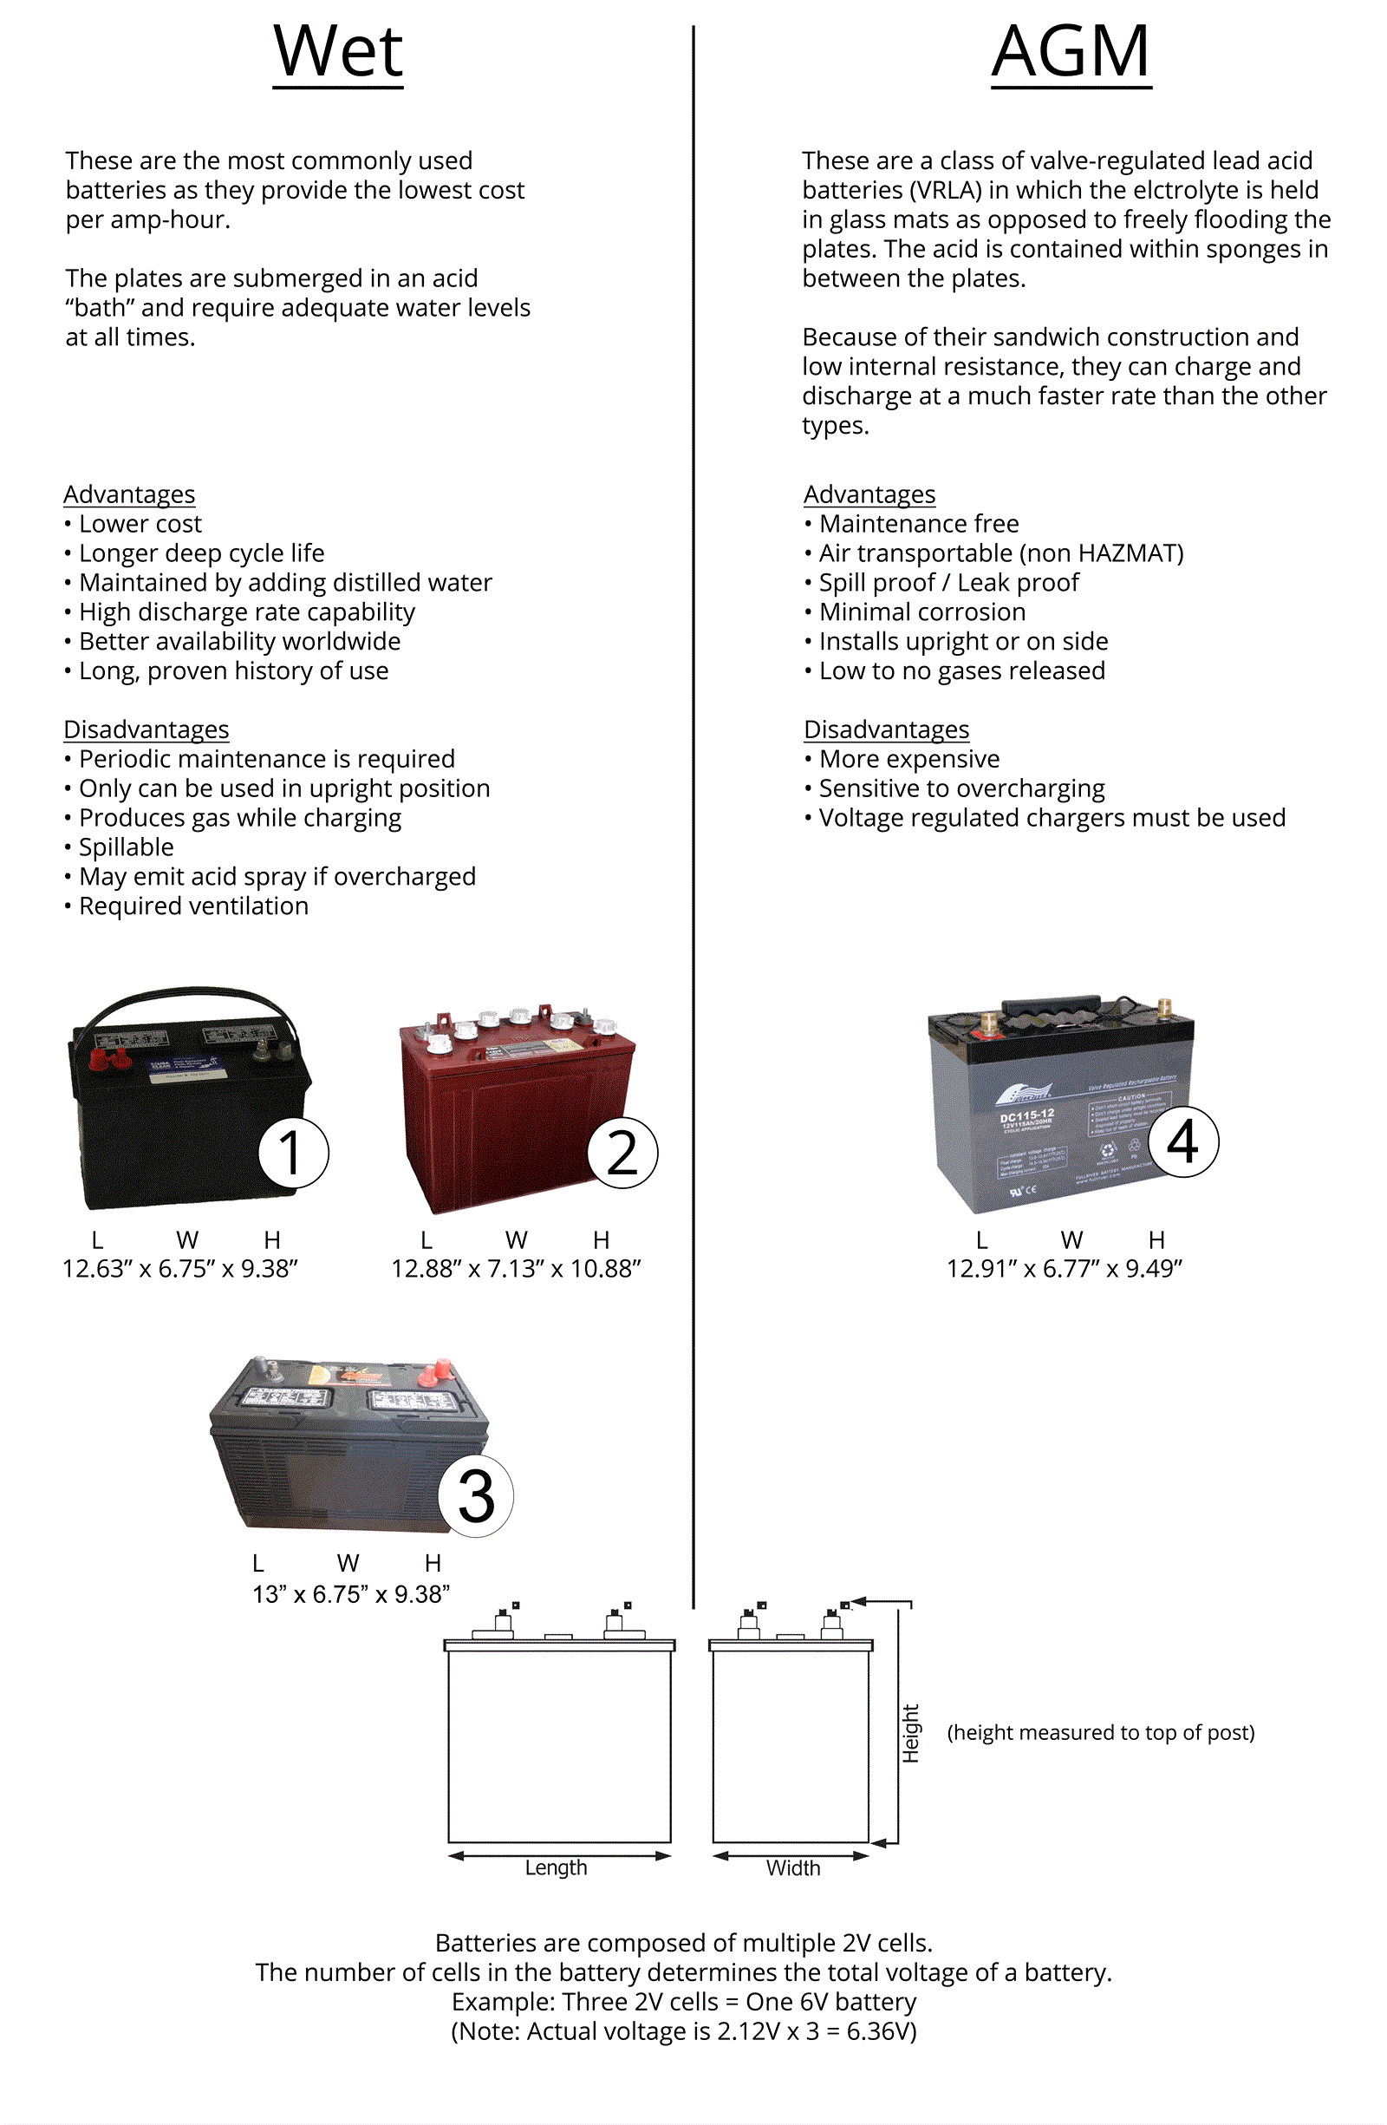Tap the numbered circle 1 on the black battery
pyautogui.click(x=293, y=1153)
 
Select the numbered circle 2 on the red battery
pyautogui.click(x=622, y=1153)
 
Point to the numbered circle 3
pyautogui.click(x=476, y=1496)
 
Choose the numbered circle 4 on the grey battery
pyautogui.click(x=1182, y=1142)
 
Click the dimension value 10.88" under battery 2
pyautogui.click(x=605, y=1269)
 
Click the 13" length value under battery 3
pyautogui.click(x=267, y=1594)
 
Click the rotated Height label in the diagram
pyautogui.click(x=910, y=1734)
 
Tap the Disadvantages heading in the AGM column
pyautogui.click(x=885, y=729)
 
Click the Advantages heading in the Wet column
pyautogui.click(x=129, y=494)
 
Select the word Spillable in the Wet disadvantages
pyautogui.click(x=126, y=847)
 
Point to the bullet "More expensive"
pyautogui.click(x=908, y=759)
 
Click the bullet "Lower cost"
pyautogui.click(x=140, y=524)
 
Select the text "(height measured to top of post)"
pyautogui.click(x=1100, y=1732)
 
